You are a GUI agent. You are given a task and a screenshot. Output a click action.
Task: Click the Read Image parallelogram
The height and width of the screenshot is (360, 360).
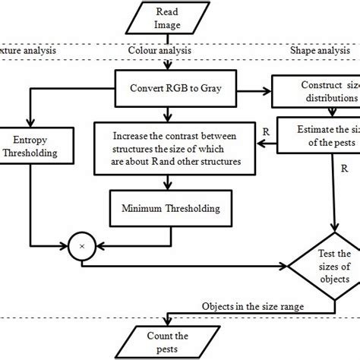(167, 17)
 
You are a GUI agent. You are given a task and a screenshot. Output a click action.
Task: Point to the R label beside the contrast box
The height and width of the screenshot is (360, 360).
(265, 130)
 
